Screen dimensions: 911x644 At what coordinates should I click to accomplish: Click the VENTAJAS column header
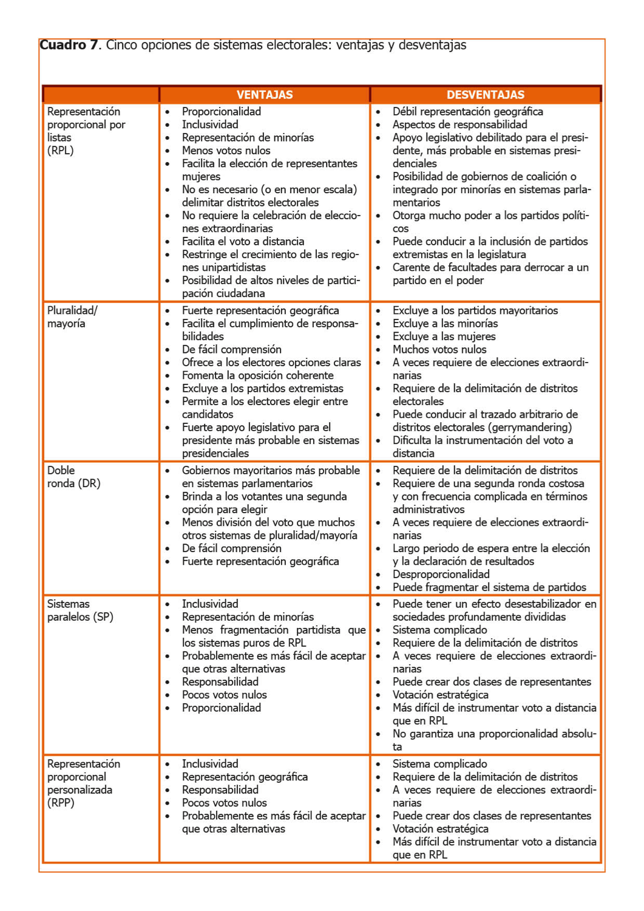click(x=265, y=95)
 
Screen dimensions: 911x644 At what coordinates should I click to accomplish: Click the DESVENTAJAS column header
click(x=486, y=95)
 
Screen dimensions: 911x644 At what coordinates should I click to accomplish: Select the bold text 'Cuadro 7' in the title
click(x=69, y=45)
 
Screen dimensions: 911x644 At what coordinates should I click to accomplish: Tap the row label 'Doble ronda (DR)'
click(x=73, y=477)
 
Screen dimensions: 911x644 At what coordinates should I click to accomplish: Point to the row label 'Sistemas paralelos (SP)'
click(x=80, y=610)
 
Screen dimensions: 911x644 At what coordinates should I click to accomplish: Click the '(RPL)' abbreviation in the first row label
click(x=60, y=151)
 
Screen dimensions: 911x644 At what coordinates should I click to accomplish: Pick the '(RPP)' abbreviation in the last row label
click(x=61, y=803)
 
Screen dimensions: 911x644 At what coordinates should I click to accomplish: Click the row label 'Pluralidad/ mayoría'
click(x=72, y=317)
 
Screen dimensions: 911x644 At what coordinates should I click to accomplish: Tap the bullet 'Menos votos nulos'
click(x=226, y=151)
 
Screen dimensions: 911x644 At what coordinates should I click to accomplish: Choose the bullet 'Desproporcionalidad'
click(x=441, y=575)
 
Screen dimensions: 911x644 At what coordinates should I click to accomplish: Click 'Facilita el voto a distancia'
click(x=243, y=242)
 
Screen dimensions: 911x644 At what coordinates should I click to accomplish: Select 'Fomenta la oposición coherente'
click(x=257, y=375)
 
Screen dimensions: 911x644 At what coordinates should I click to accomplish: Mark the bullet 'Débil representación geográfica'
click(x=467, y=112)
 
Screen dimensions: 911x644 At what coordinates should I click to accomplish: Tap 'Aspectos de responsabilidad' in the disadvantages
click(x=459, y=125)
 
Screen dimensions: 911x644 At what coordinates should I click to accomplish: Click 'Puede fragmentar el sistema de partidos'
click(x=489, y=587)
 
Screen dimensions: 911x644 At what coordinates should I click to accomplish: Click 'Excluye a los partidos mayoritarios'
click(x=475, y=310)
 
